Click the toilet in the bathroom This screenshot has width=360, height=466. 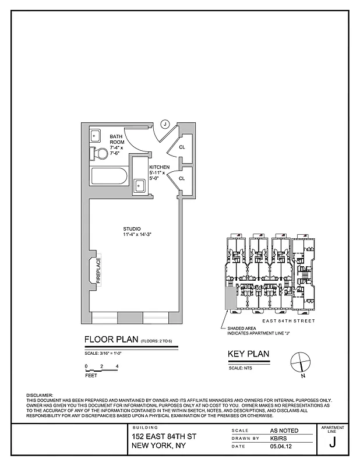pyautogui.click(x=100, y=154)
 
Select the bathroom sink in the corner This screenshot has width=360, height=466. pyautogui.click(x=95, y=136)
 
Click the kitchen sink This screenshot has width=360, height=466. pyautogui.click(x=140, y=186)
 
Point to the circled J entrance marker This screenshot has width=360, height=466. pyautogui.click(x=165, y=123)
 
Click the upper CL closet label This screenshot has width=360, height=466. pyautogui.click(x=182, y=147)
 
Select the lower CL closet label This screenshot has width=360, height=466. pyautogui.click(x=182, y=178)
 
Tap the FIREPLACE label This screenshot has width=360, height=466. pyautogui.click(x=98, y=271)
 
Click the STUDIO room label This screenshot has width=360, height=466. pyautogui.click(x=132, y=228)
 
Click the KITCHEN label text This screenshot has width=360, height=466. pyautogui.click(x=159, y=167)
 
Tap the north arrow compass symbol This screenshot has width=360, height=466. pyautogui.click(x=301, y=362)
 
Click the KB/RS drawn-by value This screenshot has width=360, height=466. pyautogui.click(x=278, y=438)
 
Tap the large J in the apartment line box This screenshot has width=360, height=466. pyautogui.click(x=332, y=442)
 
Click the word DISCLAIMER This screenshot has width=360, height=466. pyautogui.click(x=39, y=396)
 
